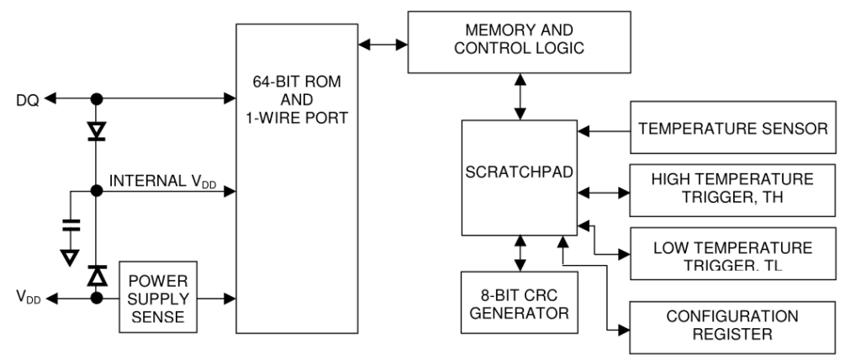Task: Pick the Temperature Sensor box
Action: coord(733,130)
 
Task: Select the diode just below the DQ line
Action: coord(97,131)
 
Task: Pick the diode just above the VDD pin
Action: coord(97,273)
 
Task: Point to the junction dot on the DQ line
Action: coord(97,99)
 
